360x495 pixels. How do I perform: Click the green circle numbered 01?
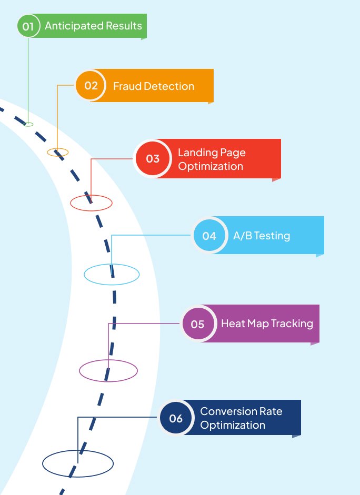click(28, 26)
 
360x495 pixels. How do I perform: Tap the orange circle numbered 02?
click(91, 85)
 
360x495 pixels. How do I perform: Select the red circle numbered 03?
click(153, 158)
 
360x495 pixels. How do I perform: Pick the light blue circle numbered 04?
click(209, 236)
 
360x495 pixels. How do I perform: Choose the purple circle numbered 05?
click(198, 324)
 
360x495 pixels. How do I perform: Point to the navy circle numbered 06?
click(176, 418)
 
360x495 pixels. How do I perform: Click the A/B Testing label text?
click(262, 236)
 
